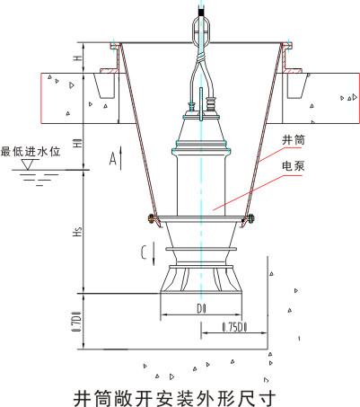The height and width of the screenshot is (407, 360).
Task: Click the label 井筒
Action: point(294,140)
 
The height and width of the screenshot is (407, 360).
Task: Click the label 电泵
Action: point(294,166)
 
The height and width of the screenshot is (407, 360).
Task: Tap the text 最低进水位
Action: point(31,151)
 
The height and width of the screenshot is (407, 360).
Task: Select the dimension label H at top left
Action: point(78,58)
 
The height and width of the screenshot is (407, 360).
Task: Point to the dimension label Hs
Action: point(78,232)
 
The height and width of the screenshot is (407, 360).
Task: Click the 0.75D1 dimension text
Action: point(234,327)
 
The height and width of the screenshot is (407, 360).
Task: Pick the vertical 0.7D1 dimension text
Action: point(77,322)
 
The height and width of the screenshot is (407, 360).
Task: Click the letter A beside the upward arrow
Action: point(112,158)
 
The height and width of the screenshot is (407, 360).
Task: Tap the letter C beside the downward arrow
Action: point(145,252)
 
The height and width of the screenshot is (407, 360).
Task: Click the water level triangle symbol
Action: point(28,164)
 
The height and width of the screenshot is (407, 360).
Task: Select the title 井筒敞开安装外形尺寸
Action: point(174,398)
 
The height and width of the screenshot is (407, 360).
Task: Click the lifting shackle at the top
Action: point(201,31)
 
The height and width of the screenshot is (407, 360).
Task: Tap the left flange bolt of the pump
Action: point(152,218)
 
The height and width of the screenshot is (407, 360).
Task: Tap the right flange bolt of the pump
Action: point(250,218)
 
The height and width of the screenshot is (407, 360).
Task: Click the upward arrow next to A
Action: point(121,158)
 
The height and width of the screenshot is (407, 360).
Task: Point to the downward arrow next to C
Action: point(154,253)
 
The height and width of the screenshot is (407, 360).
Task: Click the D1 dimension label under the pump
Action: point(201,309)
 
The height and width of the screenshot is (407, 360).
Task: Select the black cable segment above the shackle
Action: point(201,13)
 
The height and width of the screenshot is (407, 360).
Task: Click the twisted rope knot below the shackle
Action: point(201,57)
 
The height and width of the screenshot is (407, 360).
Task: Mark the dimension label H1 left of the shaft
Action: point(78,143)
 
